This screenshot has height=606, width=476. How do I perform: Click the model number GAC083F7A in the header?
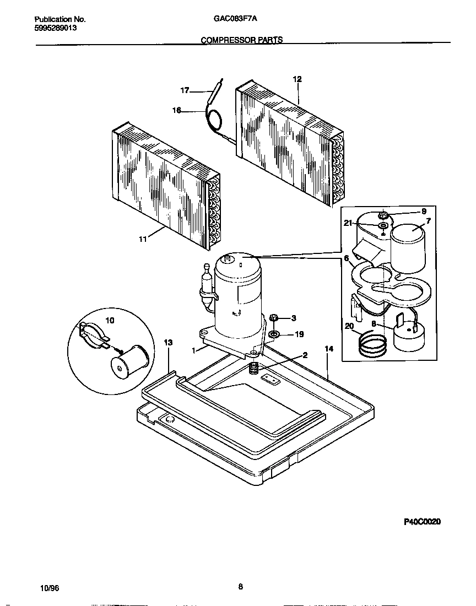[235, 18]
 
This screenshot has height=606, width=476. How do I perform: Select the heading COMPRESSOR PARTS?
[241, 40]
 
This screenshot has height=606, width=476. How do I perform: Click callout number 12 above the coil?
[297, 79]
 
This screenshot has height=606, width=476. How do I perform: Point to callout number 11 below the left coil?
[143, 239]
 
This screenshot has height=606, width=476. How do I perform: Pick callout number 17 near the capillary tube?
[185, 90]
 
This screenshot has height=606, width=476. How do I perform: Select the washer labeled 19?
[274, 334]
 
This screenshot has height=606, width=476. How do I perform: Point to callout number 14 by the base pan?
[329, 349]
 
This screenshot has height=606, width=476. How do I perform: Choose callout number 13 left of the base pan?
[168, 343]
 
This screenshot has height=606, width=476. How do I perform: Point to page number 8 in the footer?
[240, 587]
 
